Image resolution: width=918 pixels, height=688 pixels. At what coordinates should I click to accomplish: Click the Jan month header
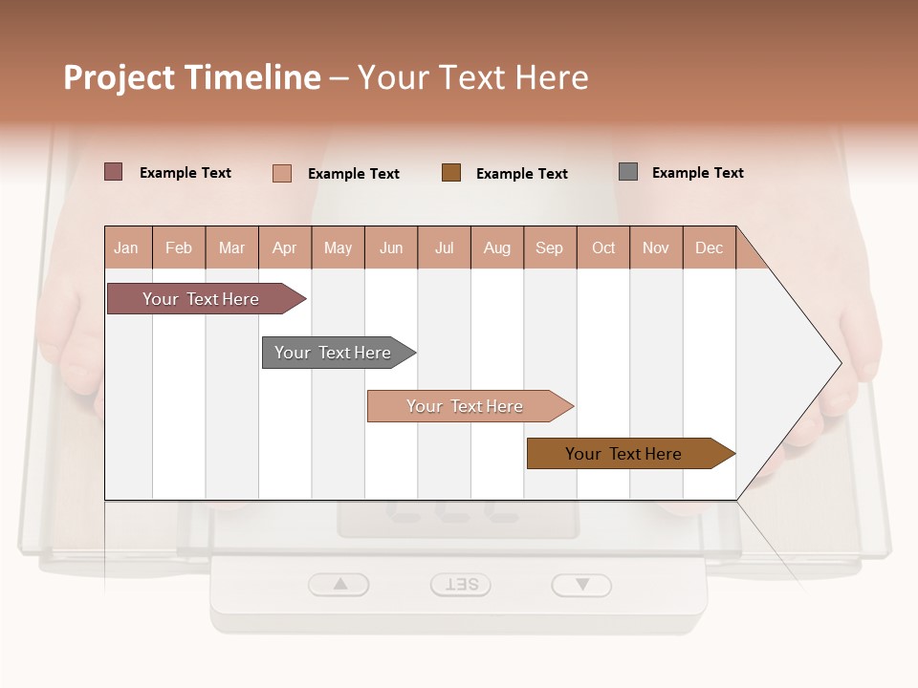(127, 247)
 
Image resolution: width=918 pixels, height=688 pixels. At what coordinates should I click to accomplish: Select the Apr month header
(285, 247)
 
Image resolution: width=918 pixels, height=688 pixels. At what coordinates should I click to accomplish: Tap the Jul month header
(444, 247)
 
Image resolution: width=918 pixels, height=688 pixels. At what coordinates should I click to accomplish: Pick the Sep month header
(550, 247)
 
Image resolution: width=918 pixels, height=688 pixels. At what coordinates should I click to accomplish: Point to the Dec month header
(709, 247)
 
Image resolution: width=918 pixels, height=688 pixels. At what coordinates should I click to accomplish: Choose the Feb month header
(179, 247)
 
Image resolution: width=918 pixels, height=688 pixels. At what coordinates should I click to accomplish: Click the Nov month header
(656, 247)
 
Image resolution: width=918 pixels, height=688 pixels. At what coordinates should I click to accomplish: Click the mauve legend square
(113, 172)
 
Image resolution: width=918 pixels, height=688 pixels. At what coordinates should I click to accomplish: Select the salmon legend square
(281, 173)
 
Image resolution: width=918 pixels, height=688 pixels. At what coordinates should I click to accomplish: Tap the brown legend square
(451, 172)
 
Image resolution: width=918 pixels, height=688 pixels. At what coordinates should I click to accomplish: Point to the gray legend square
(628, 172)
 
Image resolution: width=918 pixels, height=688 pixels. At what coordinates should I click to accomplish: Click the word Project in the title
(119, 77)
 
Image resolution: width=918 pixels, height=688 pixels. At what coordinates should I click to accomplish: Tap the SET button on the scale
(461, 585)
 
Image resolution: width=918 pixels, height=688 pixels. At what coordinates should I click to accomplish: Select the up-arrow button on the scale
(339, 584)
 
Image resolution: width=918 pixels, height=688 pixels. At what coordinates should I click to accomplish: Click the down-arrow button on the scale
(581, 585)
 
